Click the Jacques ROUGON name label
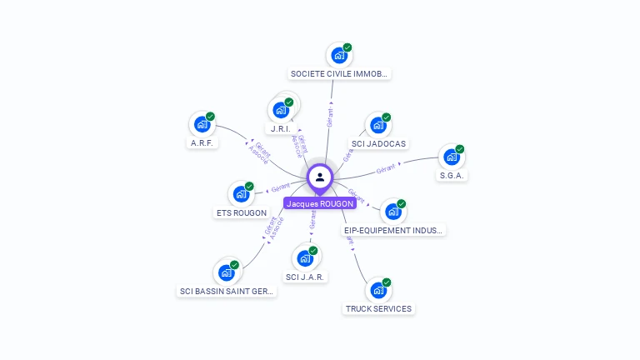click(320, 203)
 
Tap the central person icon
click(320, 177)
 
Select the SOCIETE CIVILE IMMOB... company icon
click(338, 56)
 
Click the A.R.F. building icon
click(201, 125)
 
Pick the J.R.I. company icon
click(280, 110)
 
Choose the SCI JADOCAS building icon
click(377, 126)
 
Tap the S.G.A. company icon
click(451, 157)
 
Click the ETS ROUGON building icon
click(240, 194)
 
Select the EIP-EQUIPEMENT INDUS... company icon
click(392, 212)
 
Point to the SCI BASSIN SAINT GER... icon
click(226, 272)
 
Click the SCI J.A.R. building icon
click(304, 258)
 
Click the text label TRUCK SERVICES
click(378, 309)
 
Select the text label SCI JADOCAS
click(378, 144)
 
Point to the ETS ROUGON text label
click(241, 213)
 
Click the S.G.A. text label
click(453, 176)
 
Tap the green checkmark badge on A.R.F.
click(210, 117)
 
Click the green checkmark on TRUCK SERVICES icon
click(387, 282)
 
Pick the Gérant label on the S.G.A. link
click(385, 169)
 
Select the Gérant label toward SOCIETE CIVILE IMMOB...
click(331, 117)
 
